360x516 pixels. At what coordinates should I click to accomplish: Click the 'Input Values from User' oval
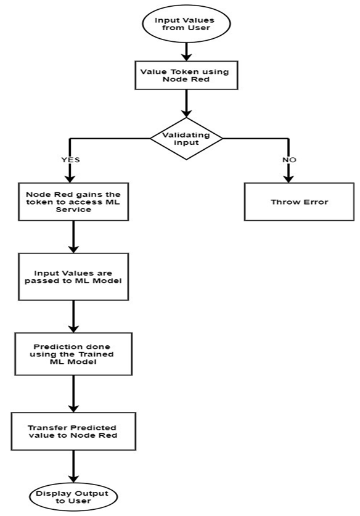pos(186,23)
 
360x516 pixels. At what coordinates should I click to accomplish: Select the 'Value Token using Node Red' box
pos(186,75)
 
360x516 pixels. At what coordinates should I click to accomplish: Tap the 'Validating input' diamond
pos(186,139)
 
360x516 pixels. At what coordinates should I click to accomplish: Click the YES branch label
pos(70,160)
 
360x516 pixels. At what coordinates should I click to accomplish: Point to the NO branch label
pos(289,160)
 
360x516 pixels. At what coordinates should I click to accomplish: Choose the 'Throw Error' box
pos(299,202)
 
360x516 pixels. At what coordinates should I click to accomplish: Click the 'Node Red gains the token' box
pos(73,202)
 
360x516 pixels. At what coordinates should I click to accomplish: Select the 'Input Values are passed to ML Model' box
pos(73,277)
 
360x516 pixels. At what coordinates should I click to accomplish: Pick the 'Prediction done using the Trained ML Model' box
pos(73,354)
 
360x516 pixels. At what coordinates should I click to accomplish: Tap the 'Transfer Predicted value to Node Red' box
pos(73,432)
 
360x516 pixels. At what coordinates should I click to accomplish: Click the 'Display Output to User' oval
pos(73,497)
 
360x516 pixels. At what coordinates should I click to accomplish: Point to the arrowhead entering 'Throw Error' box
pos(288,178)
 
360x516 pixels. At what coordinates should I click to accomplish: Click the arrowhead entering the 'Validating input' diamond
pos(186,113)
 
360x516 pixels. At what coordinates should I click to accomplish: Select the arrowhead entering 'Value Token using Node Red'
pos(186,56)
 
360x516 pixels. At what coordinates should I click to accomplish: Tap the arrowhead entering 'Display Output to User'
pos(73,478)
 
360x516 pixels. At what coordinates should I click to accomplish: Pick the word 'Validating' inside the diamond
pos(186,135)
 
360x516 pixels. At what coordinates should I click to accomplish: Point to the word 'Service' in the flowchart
pos(73,210)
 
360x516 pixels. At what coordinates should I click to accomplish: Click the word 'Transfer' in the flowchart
pos(48,428)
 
